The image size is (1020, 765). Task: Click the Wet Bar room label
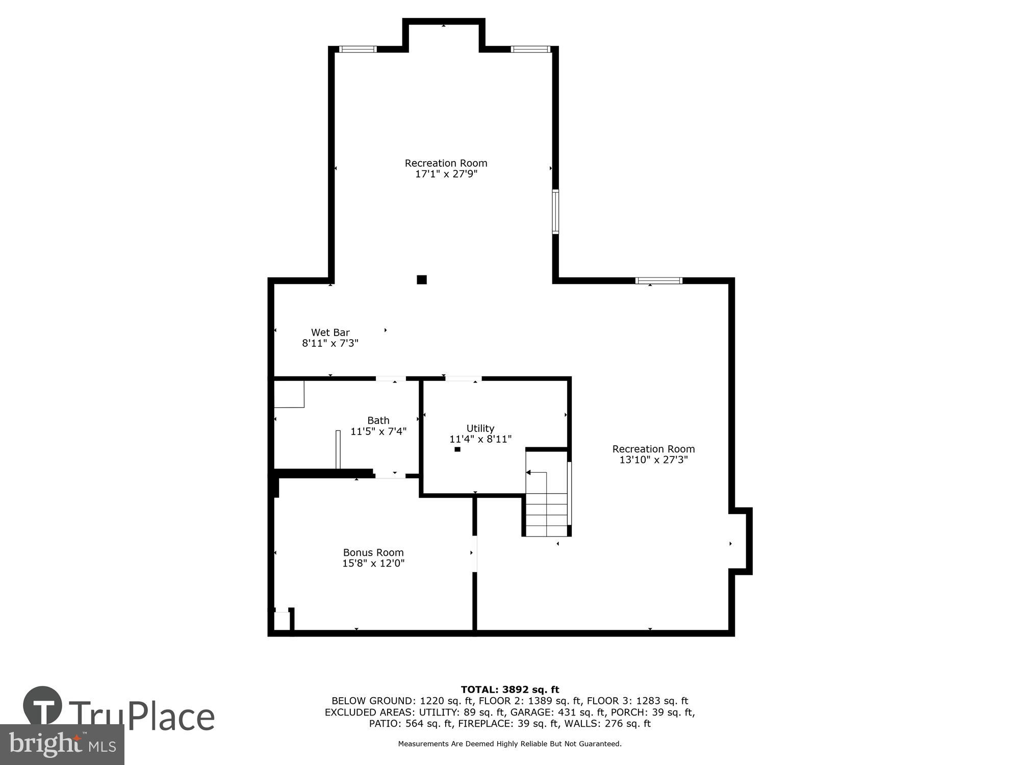point(330,333)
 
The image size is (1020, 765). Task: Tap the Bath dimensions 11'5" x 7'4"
point(378,431)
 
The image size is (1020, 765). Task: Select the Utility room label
point(480,428)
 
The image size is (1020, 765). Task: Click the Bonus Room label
point(373,552)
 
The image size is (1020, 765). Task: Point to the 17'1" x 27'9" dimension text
point(446,174)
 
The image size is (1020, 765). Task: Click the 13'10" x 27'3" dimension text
point(653,460)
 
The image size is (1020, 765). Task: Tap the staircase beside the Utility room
point(547,505)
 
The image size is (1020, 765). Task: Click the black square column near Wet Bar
point(422,279)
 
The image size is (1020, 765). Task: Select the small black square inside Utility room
point(457,449)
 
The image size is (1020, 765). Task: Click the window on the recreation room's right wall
point(555,212)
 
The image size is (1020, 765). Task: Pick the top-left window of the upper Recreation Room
point(358,49)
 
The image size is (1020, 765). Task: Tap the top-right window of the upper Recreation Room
point(530,49)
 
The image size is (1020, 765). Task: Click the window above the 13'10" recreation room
point(658,280)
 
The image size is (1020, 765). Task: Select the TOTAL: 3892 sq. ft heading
point(510,690)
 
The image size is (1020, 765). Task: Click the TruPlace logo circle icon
point(43,706)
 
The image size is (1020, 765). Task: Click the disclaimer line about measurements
point(510,744)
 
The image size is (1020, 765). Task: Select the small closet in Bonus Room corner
point(282,621)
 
